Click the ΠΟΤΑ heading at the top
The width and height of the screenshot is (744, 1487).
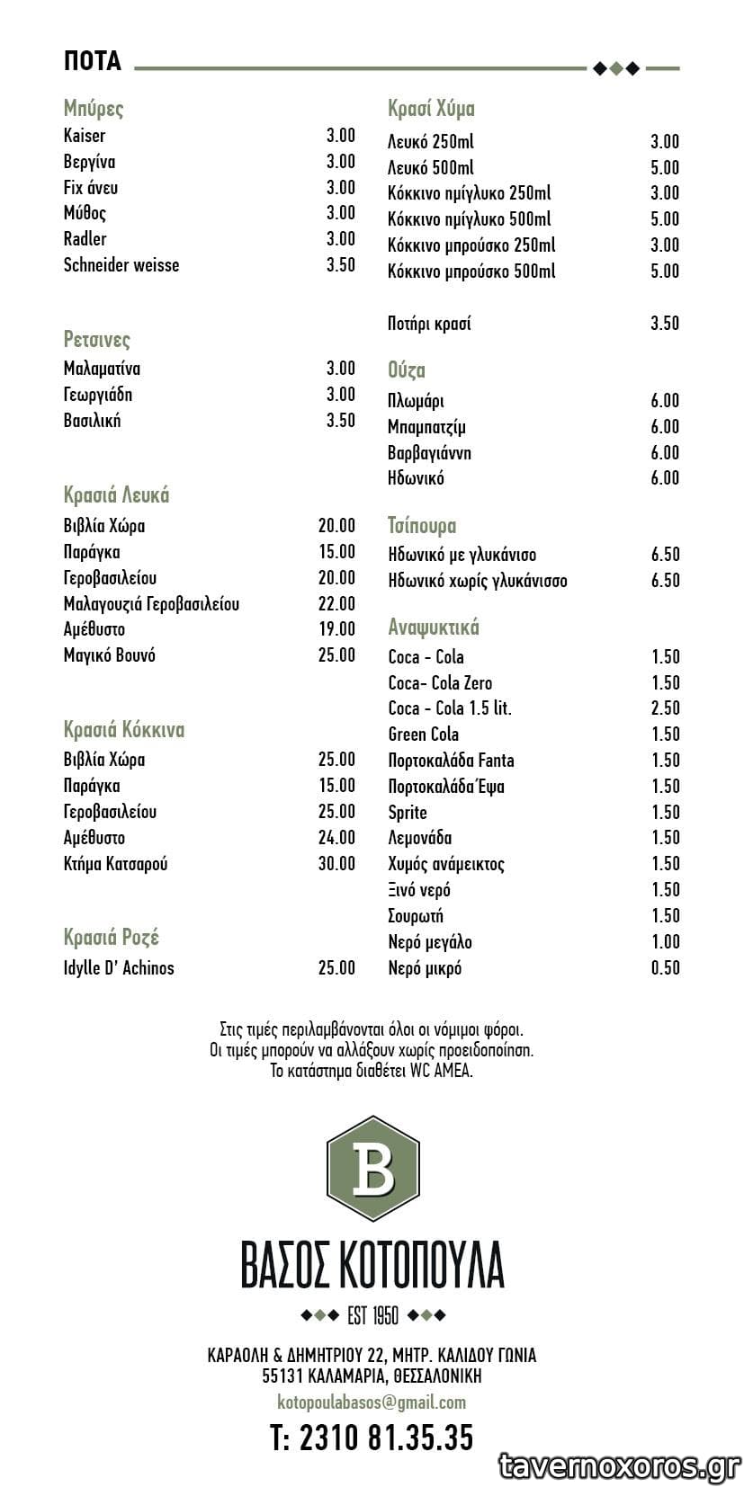(92, 61)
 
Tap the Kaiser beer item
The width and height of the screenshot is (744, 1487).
(85, 136)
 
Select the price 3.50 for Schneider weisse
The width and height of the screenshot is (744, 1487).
(340, 264)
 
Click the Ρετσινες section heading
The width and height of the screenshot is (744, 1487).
(96, 340)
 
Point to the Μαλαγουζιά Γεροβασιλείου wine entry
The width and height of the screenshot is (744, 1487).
(151, 603)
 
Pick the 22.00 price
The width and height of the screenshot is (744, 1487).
(336, 603)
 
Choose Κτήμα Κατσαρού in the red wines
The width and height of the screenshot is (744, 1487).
(115, 864)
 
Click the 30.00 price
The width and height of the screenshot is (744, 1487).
(336, 864)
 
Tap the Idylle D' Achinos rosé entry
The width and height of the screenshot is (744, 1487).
(119, 968)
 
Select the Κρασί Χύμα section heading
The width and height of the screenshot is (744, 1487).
(431, 109)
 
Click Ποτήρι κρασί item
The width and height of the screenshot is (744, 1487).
(429, 324)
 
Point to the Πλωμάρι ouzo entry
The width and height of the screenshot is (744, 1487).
(416, 401)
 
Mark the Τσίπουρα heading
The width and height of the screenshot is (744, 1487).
(422, 526)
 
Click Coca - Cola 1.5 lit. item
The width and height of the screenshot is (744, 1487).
(450, 708)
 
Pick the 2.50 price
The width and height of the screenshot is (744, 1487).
(665, 708)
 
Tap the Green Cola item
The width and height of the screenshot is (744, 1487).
(423, 735)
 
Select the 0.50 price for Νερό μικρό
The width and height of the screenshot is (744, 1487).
(665, 968)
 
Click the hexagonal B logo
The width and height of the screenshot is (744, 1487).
(372, 1169)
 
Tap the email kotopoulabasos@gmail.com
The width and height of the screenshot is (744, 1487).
(372, 1402)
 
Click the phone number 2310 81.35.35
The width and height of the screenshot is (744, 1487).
(372, 1438)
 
